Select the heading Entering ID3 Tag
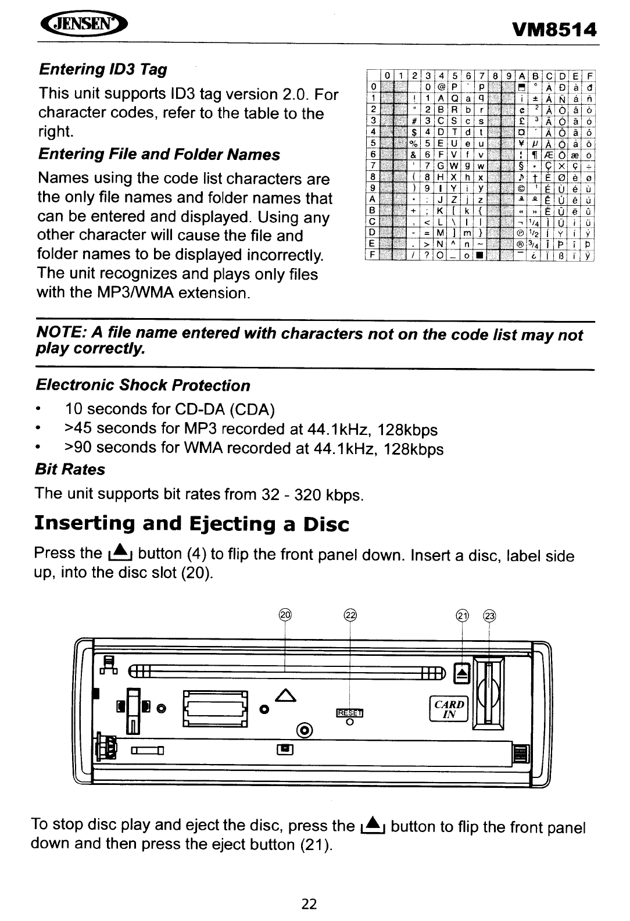pyautogui.click(x=102, y=70)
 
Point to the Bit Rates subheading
pyautogui.click(x=70, y=469)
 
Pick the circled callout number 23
pyautogui.click(x=490, y=616)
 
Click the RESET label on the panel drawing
pyautogui.click(x=349, y=713)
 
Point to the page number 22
pyautogui.click(x=309, y=903)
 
